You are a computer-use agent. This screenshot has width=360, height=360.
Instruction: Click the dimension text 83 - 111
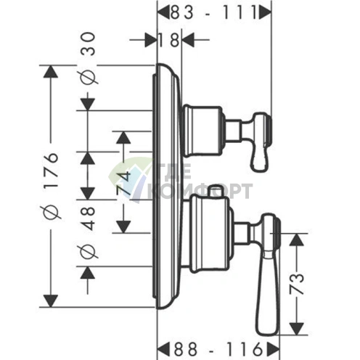click(x=213, y=13)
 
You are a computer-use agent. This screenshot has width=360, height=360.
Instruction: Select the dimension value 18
click(x=169, y=40)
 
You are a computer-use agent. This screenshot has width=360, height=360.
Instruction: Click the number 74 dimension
click(x=124, y=183)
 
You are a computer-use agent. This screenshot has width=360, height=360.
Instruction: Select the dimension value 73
click(x=297, y=284)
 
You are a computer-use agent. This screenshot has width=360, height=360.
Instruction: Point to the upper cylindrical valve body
click(x=202, y=131)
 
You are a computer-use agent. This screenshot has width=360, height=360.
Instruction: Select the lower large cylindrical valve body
click(x=210, y=234)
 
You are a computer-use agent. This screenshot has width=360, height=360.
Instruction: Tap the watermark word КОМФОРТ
click(x=200, y=191)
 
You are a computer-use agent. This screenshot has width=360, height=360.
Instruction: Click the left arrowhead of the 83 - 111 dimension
click(x=163, y=13)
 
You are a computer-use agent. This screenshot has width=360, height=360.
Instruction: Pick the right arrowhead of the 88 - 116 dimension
click(x=273, y=349)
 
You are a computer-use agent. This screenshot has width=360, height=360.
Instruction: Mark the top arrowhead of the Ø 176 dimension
click(x=51, y=72)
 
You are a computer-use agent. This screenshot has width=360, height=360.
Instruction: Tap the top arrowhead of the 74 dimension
click(x=123, y=138)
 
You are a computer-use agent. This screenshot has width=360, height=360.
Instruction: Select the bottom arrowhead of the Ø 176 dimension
click(x=51, y=300)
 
